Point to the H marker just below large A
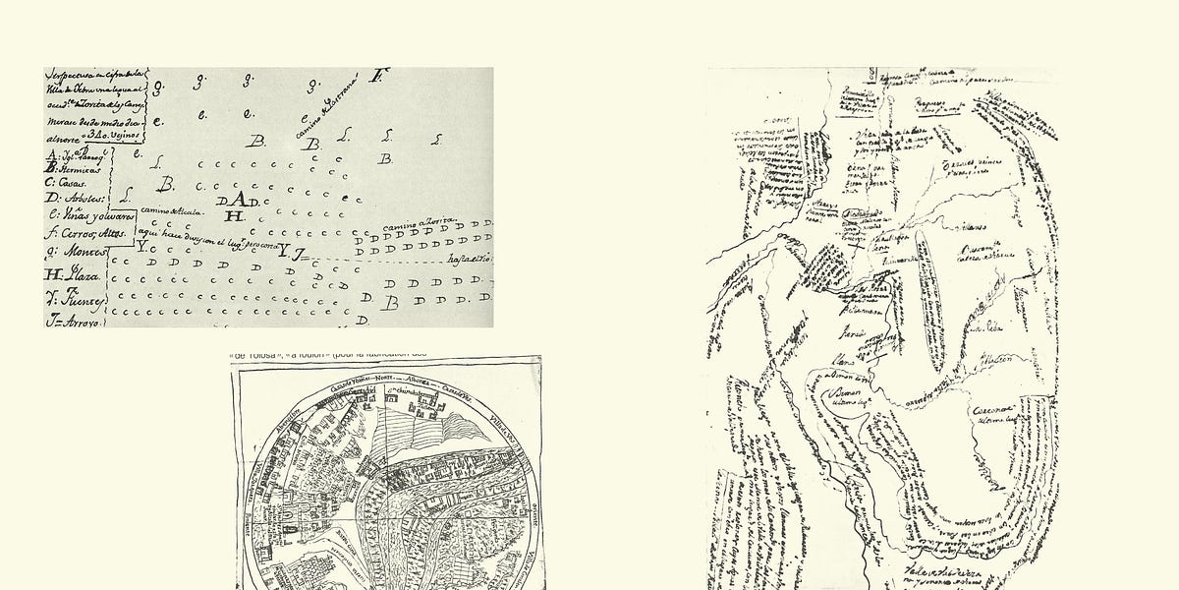tap(234, 216)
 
